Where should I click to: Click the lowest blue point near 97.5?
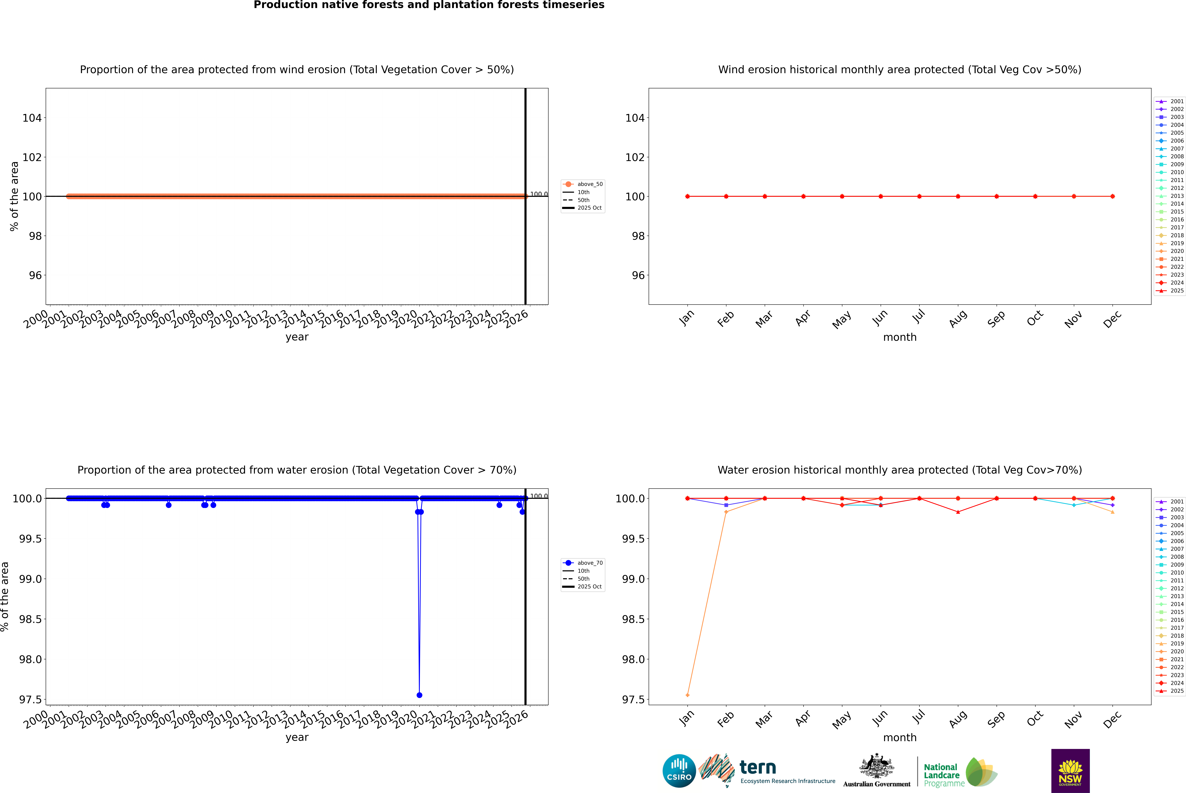(419, 695)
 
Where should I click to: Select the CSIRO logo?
(679, 771)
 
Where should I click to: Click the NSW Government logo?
(1070, 771)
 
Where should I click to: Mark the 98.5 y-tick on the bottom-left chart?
(30, 619)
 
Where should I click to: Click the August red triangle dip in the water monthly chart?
(958, 512)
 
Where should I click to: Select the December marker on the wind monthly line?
(1112, 196)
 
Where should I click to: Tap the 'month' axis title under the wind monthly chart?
(899, 337)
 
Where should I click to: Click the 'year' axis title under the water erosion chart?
(297, 737)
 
